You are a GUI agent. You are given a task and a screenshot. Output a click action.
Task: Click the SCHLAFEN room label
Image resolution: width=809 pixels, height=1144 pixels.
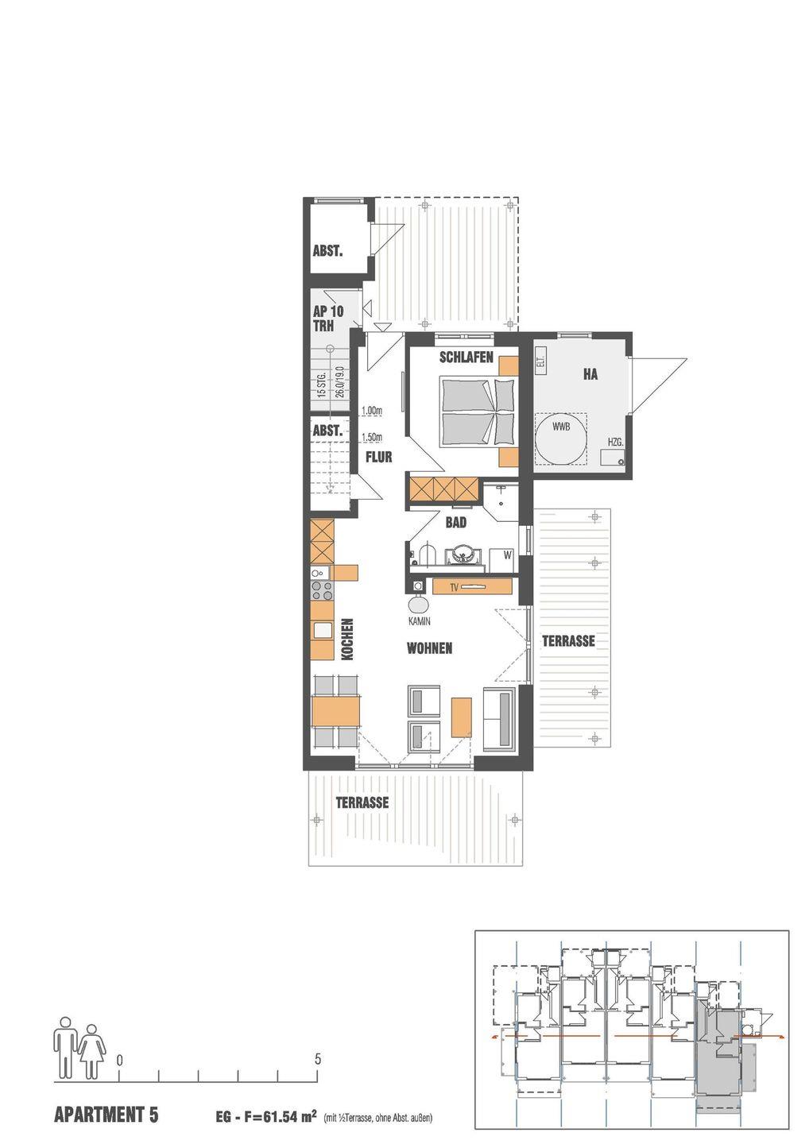[466, 357]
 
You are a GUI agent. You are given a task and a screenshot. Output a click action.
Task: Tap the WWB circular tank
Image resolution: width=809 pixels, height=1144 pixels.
[561, 440]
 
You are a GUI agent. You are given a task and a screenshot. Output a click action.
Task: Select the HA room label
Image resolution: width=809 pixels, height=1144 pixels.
[590, 374]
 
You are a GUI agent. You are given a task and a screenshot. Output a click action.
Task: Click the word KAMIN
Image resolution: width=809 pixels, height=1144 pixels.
[420, 621]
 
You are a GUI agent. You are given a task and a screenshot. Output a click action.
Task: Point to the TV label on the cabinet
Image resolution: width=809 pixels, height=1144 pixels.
[454, 588]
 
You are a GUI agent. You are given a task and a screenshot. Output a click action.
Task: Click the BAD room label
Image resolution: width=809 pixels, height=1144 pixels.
[455, 523]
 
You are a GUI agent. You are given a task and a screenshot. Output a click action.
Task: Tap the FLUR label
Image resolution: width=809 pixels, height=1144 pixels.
[379, 457]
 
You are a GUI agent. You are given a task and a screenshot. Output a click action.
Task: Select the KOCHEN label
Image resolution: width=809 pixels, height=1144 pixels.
[347, 640]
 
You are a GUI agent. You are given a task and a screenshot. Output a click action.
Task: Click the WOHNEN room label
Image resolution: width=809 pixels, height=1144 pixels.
[429, 648]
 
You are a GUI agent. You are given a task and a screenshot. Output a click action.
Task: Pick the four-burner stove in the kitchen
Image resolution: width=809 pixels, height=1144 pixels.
[322, 591]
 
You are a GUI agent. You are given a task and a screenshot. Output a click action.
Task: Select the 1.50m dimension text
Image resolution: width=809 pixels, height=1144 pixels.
[372, 437]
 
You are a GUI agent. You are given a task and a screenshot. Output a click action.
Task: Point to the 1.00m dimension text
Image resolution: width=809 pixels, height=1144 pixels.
[372, 410]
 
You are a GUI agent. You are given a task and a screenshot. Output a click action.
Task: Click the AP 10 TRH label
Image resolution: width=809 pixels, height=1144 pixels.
[328, 318]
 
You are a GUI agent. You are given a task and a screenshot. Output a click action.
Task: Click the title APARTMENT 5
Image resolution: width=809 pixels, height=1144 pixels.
[106, 1111]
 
